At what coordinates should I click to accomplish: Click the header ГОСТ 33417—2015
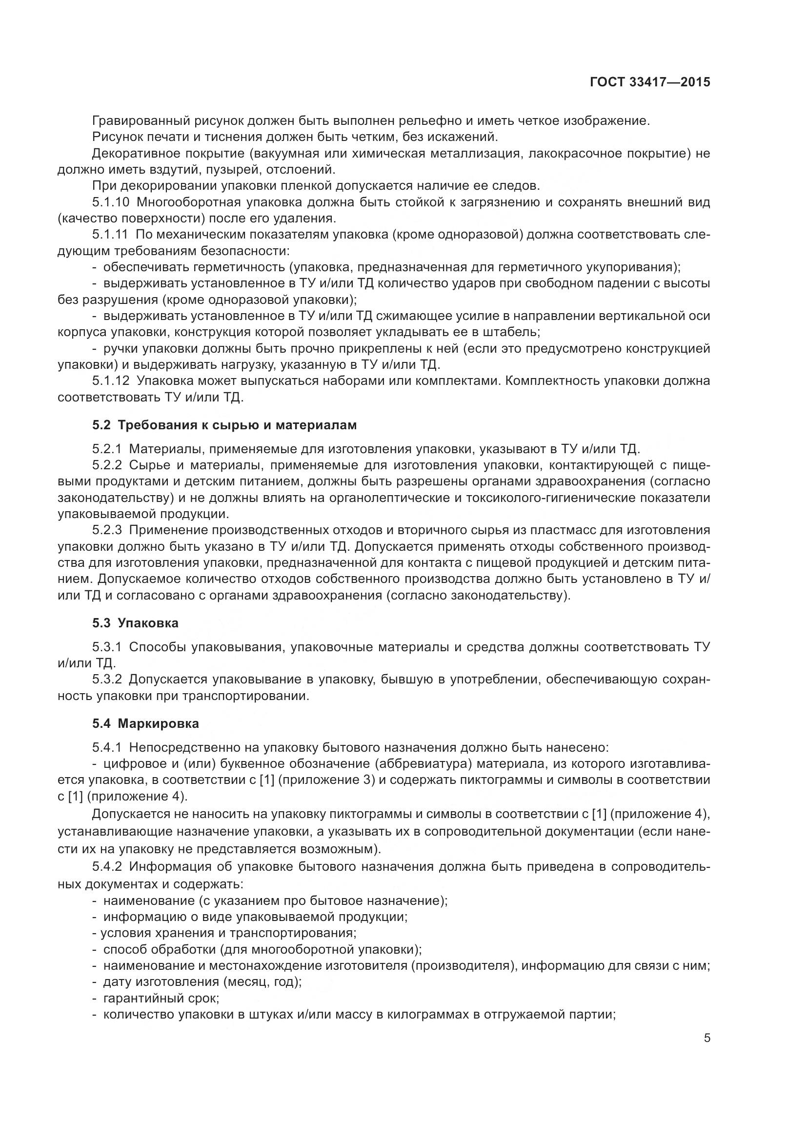click(649, 82)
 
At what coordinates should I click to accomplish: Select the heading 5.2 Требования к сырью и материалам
click(224, 425)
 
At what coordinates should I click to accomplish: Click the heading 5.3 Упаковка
click(135, 622)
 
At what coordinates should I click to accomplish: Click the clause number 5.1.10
click(111, 202)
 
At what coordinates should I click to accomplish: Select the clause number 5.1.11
click(111, 235)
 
